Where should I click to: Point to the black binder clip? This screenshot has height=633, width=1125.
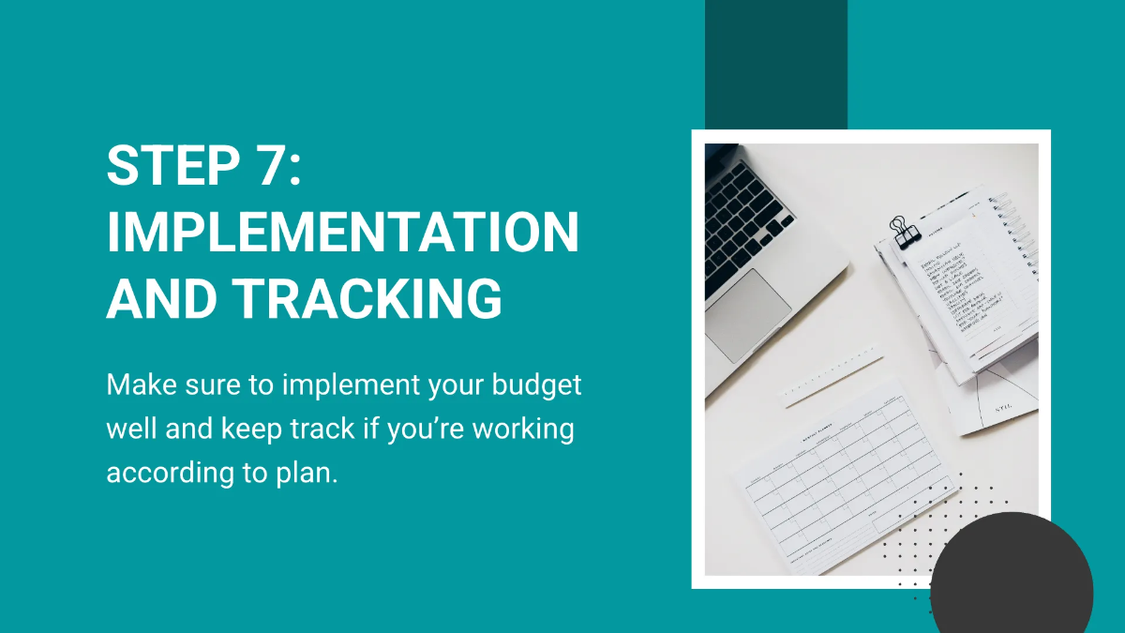coord(905,232)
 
